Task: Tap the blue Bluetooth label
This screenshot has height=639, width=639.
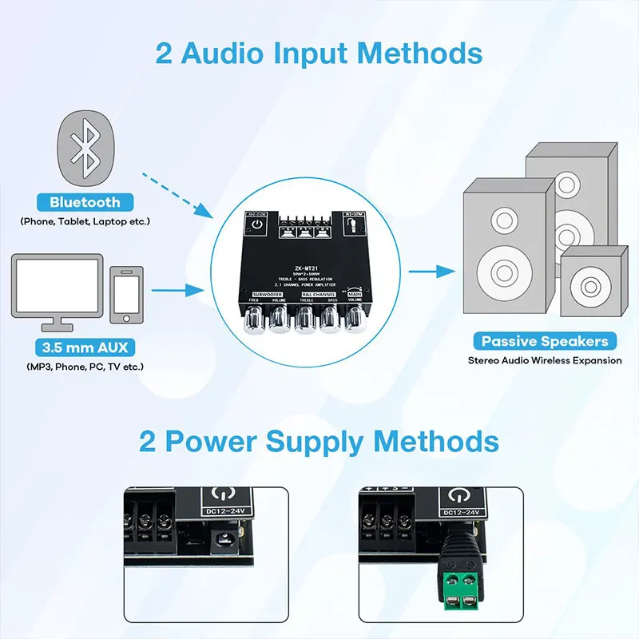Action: (85, 203)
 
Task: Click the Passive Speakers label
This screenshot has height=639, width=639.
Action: (545, 341)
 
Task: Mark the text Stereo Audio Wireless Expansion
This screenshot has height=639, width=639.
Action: (545, 361)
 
